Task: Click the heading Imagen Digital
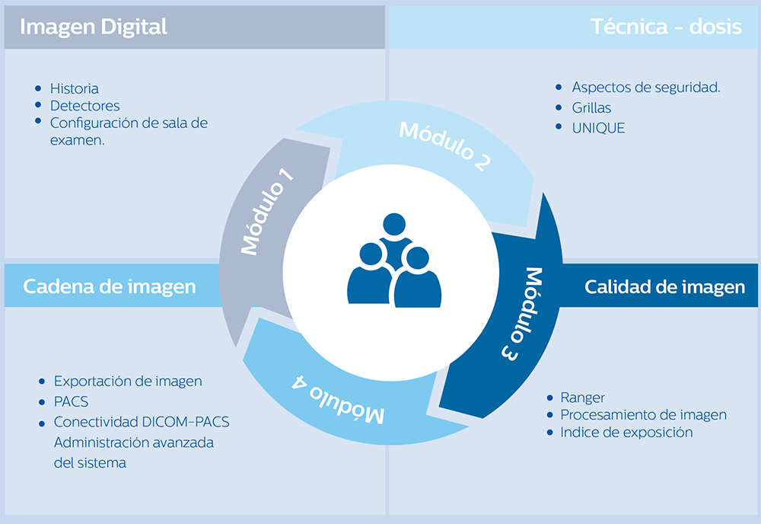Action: pyautogui.click(x=94, y=27)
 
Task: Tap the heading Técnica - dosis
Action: pyautogui.click(x=666, y=27)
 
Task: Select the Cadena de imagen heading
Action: pyautogui.click(x=110, y=286)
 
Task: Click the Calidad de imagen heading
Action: pyautogui.click(x=664, y=287)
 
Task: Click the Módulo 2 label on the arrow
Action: pyautogui.click(x=444, y=145)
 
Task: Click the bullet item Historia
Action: pyautogui.click(x=74, y=88)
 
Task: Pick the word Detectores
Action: pyautogui.click(x=84, y=106)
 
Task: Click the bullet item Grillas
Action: pyautogui.click(x=591, y=108)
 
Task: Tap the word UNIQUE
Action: pyautogui.click(x=598, y=128)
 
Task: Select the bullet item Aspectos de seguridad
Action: pyautogui.click(x=646, y=88)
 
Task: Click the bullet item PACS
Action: pyautogui.click(x=71, y=401)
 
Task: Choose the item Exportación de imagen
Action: pyautogui.click(x=128, y=381)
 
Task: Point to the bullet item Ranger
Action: pyautogui.click(x=582, y=398)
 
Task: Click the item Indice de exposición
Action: pyautogui.click(x=626, y=433)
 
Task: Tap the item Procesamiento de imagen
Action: pyautogui.click(x=643, y=415)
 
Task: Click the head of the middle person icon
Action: pyautogui.click(x=393, y=225)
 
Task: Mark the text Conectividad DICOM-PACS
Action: pyautogui.click(x=142, y=422)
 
